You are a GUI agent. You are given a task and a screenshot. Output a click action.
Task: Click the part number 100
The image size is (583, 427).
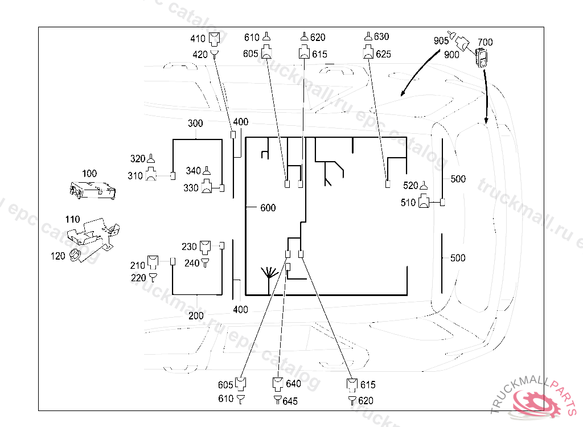(89, 174)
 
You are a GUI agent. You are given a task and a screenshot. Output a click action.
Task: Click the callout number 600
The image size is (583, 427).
(268, 208)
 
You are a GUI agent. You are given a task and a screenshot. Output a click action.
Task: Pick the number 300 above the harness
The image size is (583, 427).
(195, 124)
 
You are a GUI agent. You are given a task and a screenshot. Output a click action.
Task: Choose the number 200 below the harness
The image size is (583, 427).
(196, 316)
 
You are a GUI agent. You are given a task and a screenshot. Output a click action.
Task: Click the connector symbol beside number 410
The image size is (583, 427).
(214, 39)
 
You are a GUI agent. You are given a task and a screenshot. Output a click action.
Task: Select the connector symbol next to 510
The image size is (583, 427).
(425, 202)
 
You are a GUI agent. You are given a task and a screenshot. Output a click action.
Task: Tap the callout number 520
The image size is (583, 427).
(410, 185)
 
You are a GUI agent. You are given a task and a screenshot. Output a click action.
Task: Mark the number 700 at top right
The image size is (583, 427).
(485, 43)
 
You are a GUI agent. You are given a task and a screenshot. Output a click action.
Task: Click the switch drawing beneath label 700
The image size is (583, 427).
(482, 59)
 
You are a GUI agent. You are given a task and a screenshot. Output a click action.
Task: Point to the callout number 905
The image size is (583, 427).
(441, 40)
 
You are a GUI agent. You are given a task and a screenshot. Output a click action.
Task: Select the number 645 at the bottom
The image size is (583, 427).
(290, 401)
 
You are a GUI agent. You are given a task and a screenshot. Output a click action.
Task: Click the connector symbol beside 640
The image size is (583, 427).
(278, 383)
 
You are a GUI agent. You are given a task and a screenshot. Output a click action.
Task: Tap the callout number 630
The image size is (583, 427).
(381, 37)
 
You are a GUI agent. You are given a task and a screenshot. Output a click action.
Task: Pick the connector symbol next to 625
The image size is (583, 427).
(368, 54)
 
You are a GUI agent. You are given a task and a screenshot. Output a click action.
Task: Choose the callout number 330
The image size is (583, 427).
(191, 188)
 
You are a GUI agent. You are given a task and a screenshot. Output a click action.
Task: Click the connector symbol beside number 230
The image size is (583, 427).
(206, 247)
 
